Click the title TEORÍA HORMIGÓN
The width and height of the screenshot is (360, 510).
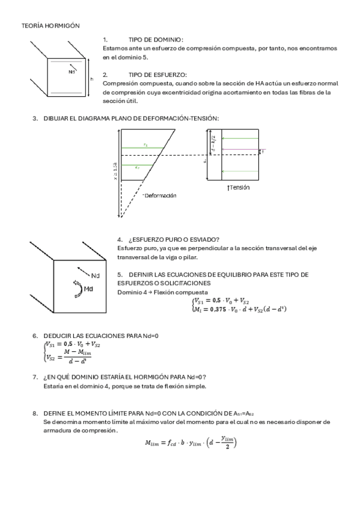click(x=50, y=26)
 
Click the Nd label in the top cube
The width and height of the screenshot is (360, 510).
click(x=72, y=72)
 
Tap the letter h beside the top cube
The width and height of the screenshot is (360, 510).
click(x=91, y=79)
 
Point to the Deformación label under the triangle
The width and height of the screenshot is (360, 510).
click(x=160, y=195)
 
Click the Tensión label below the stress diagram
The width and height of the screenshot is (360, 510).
click(x=239, y=187)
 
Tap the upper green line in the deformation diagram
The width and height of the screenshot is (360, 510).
click(x=145, y=148)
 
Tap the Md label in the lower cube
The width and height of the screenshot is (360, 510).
click(x=89, y=289)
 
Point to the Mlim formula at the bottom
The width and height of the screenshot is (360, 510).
click(x=191, y=443)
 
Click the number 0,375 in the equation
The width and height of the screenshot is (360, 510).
click(x=222, y=309)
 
